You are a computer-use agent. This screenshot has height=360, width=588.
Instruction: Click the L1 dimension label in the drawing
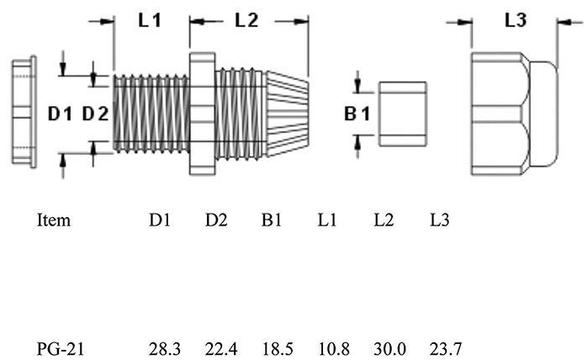pos(149,21)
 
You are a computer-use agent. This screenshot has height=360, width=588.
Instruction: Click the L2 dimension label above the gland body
pos(246,21)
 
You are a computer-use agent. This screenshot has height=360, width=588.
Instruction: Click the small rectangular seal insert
pos(403,113)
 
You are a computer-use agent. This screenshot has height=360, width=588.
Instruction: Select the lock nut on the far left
pos(23,114)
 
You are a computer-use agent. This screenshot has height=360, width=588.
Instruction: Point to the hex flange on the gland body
pos(202,113)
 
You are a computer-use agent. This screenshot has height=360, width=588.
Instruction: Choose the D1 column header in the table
pos(160,220)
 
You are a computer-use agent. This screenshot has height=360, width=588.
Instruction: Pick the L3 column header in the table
pos(439,220)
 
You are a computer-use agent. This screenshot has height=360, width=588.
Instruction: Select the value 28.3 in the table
pos(163,347)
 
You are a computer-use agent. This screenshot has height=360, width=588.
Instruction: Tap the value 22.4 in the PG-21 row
pos(220,347)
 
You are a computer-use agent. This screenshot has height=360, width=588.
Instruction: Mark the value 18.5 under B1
pos(277,347)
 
